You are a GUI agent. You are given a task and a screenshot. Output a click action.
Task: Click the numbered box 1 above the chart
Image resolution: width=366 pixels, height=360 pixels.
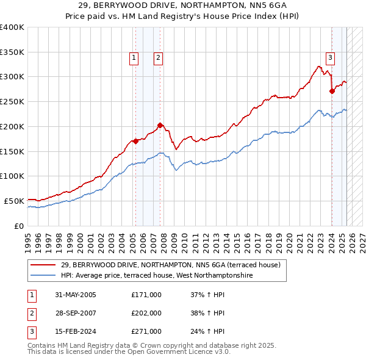[134, 58]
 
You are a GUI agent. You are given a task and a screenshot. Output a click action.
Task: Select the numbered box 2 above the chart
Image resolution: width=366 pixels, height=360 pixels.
[157, 58]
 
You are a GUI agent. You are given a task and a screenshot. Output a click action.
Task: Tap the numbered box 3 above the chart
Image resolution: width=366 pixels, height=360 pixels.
[330, 58]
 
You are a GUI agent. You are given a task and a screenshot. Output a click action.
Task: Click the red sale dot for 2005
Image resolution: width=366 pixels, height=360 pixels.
[135, 141]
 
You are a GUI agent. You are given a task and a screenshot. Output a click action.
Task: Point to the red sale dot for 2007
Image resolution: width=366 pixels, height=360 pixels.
[160, 126]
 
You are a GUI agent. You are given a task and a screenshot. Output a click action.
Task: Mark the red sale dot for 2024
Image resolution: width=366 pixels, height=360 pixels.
[332, 92]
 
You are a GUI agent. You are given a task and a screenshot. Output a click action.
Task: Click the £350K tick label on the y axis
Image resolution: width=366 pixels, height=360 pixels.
[12, 52]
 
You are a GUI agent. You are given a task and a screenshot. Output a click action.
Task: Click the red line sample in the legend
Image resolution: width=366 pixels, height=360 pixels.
[44, 265]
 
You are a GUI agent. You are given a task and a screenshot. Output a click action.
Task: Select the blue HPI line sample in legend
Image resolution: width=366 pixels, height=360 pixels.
[44, 275]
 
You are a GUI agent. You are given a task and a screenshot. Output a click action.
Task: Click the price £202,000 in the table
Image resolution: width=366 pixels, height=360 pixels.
[146, 313]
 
